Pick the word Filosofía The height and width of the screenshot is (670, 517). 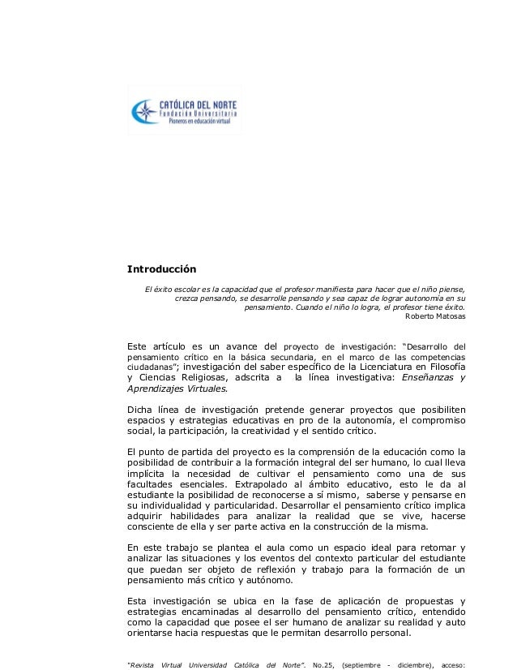(438, 366)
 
